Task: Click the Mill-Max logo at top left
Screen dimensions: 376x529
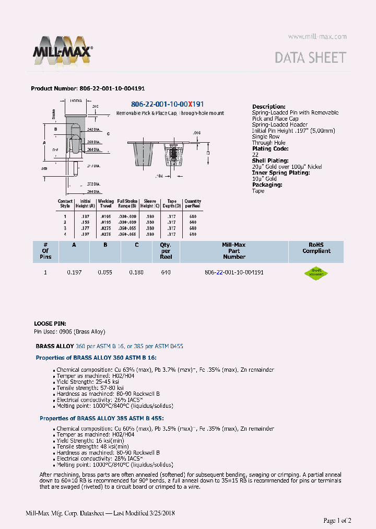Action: tap(63, 50)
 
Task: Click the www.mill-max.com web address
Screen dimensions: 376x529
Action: tap(317, 37)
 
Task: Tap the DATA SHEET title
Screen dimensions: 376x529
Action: tap(310, 57)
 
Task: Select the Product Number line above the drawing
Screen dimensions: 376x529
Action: tap(88, 89)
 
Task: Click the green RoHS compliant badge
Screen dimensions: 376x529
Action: tap(316, 273)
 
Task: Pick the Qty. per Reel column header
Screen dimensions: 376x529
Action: tap(166, 251)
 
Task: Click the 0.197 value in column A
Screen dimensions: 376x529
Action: tap(75, 273)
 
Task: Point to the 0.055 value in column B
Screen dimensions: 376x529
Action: tap(105, 273)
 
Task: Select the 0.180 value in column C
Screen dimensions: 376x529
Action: tap(136, 273)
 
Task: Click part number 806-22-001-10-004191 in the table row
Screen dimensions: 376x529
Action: tap(234, 273)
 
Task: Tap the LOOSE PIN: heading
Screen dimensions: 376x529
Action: tap(50, 324)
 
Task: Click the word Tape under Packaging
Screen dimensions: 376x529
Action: tap(258, 191)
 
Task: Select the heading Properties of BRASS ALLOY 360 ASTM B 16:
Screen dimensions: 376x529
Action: tap(96, 358)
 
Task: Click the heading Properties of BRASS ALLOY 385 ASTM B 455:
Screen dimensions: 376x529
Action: tap(101, 418)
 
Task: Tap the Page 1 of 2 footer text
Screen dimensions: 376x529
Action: tap(337, 520)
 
